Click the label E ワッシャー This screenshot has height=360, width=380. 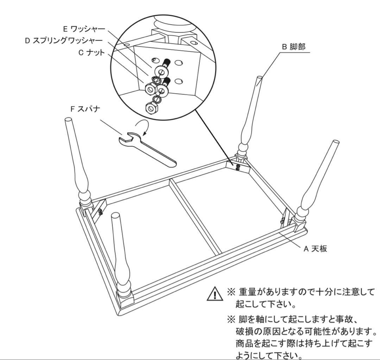(x=84, y=29)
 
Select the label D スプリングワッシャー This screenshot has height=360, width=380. (x=64, y=41)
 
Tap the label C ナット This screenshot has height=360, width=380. (x=91, y=52)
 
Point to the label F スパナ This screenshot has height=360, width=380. (x=85, y=109)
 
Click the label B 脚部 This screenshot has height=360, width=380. (x=294, y=46)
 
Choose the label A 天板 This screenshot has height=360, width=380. (x=315, y=248)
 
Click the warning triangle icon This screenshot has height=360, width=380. (x=215, y=294)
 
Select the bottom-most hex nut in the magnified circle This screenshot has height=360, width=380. (x=152, y=108)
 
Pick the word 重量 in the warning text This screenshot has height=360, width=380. (x=248, y=292)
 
